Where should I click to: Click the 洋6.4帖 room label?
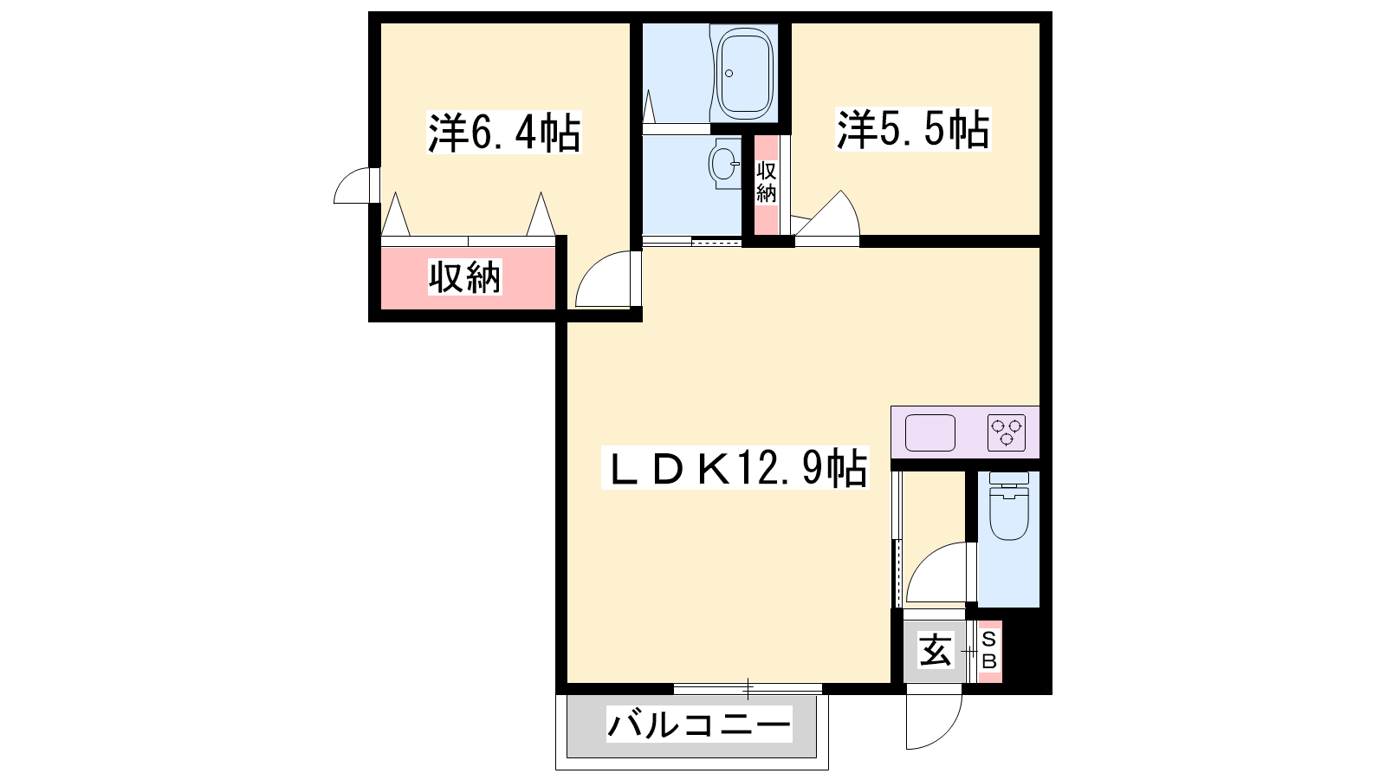coord(504,133)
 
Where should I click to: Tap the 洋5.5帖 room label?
coord(913,129)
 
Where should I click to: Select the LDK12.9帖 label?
coord(735,468)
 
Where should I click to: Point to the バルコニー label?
coord(699,725)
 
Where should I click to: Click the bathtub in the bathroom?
coord(745,73)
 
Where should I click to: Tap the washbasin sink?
coord(724,164)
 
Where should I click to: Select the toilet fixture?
coord(1008,506)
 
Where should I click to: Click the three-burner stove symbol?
coord(1006,432)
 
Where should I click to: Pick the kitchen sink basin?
coord(930,432)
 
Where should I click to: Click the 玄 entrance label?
coord(935,651)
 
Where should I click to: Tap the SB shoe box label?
coord(988,651)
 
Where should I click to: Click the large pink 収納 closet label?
coord(464,277)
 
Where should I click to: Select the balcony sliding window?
coord(748,688)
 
